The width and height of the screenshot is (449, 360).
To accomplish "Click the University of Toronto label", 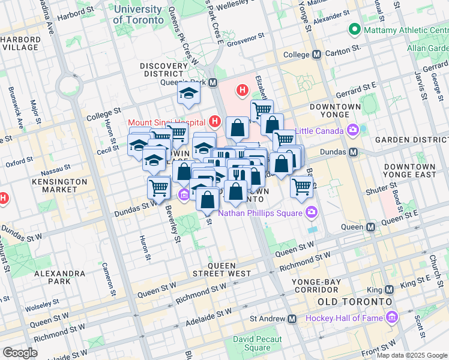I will tap(137, 14).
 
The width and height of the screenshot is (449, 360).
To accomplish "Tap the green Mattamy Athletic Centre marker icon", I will tap(355, 29).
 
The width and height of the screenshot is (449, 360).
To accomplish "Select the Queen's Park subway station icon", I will tap(213, 85).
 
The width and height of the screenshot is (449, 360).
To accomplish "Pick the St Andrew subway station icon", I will tap(292, 319).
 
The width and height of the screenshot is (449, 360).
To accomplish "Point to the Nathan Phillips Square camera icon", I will tap(311, 212).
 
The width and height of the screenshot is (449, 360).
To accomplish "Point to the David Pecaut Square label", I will tap(252, 343).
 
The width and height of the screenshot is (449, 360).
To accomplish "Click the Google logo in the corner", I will tap(20, 353).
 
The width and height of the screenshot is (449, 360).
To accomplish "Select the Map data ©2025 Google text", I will tap(411, 355).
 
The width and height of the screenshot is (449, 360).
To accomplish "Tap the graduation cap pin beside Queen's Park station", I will tap(189, 94).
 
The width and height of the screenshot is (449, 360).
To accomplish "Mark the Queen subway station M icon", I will tap(371, 227).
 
